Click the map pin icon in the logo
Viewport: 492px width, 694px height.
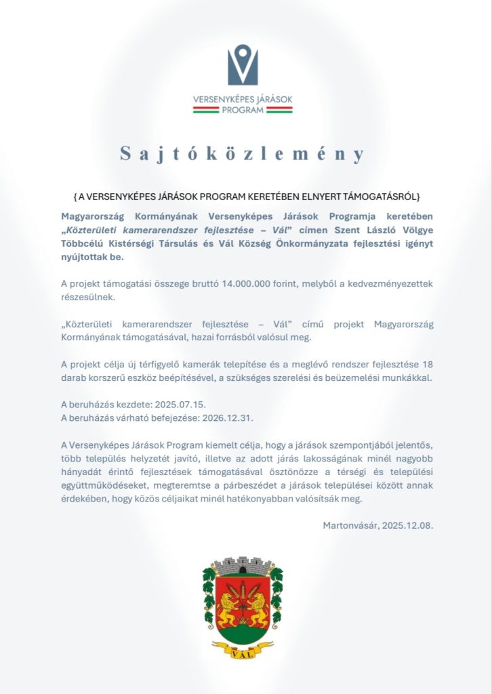click(243, 65)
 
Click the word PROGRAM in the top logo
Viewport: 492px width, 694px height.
click(242, 109)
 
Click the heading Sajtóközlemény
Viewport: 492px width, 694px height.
click(243, 154)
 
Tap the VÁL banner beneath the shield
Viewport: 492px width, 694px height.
click(243, 654)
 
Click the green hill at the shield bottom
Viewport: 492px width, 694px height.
click(243, 634)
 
